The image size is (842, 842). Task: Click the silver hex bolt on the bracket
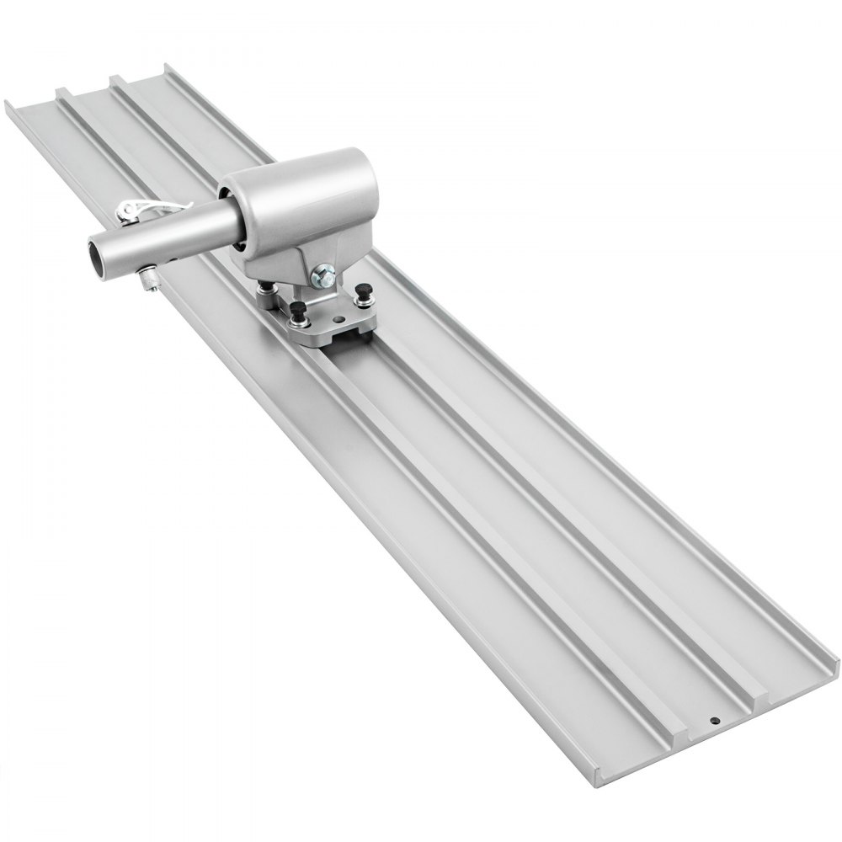coord(322,274)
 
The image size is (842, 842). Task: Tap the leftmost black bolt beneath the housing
coord(267,289)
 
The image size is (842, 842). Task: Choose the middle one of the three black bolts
coord(297,310)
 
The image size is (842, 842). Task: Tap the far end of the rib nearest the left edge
coord(61,90)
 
